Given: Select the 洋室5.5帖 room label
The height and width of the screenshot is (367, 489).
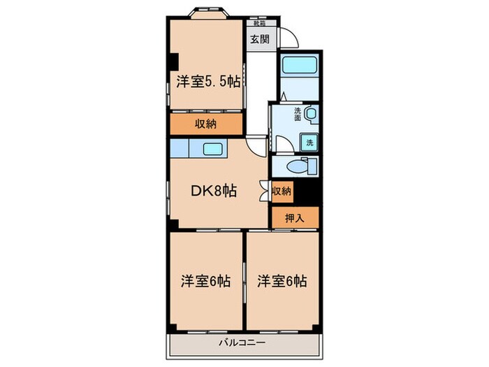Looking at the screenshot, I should coord(208,82).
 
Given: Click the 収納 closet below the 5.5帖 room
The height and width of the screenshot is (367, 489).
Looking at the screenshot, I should coord(205,124).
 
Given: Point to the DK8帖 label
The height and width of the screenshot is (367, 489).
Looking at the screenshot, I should coord(213,191).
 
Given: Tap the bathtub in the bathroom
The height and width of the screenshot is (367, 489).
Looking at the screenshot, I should coord(300,67).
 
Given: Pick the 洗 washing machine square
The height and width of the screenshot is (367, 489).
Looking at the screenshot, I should coord(309,143).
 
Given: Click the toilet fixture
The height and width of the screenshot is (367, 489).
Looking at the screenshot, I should coord(303,166).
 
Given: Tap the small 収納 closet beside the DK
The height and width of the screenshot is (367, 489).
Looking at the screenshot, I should coord(282,191).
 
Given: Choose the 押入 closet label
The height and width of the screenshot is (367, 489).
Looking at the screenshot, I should coord(295,217).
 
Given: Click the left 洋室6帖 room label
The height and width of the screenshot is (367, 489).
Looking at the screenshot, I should coord(205,282).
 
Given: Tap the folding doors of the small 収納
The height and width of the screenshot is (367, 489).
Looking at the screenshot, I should coord(265,191).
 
